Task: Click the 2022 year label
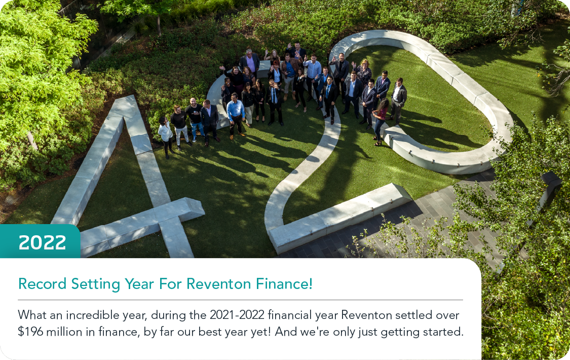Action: click(x=42, y=242)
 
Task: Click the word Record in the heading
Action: click(x=42, y=284)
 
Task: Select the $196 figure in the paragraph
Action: click(x=30, y=332)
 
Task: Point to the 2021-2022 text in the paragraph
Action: click(x=237, y=315)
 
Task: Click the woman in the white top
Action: click(x=165, y=136)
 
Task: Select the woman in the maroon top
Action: click(x=380, y=122)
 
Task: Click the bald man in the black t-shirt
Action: click(x=195, y=118)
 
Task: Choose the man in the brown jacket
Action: click(x=289, y=75)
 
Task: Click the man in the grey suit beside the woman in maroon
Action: click(x=398, y=100)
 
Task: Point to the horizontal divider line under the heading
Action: click(x=240, y=300)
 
